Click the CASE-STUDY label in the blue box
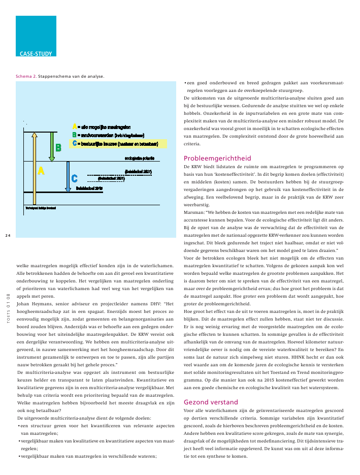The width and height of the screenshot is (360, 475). pos(35,53)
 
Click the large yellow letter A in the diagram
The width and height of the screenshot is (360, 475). pos(41,171)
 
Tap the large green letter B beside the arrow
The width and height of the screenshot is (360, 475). pos(58,147)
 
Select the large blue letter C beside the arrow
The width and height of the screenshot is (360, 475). pos(75,178)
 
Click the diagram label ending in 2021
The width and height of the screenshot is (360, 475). pos(111,178)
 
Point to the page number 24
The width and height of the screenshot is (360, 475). pos(8,235)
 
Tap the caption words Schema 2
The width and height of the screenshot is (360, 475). pos(26,77)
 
